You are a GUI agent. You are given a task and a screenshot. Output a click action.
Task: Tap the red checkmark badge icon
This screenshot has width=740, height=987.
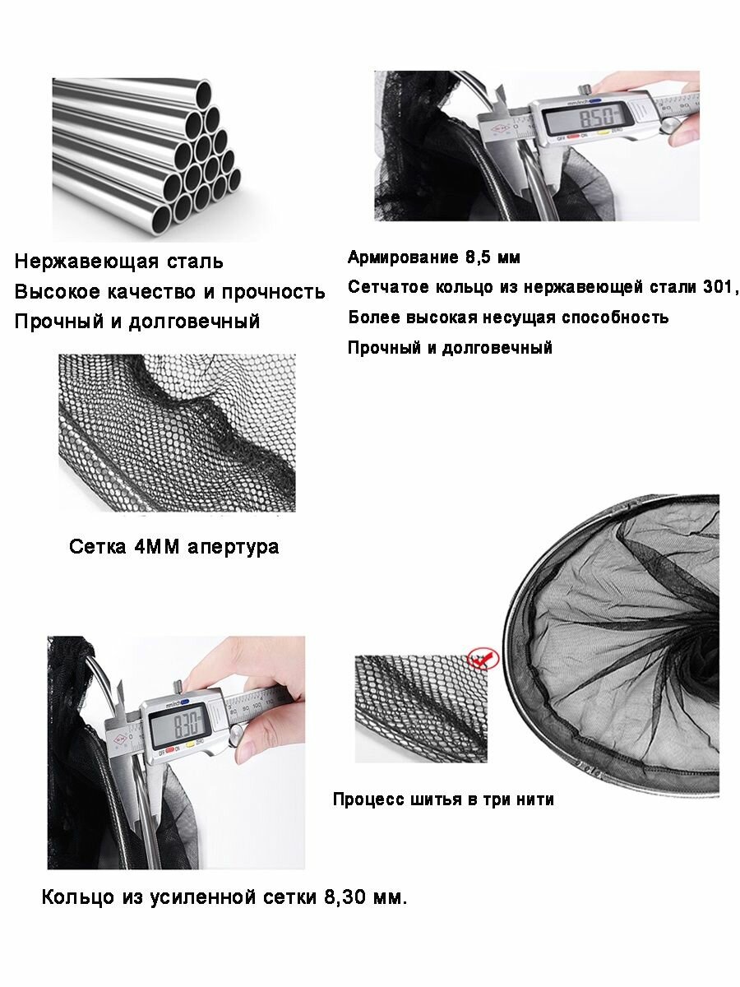point(483,659)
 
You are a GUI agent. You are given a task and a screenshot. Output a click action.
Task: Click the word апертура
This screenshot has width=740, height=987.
point(234,548)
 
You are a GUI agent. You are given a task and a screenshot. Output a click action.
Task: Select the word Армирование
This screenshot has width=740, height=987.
point(404,257)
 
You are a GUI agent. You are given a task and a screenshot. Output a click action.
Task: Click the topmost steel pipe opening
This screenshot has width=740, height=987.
point(204,95)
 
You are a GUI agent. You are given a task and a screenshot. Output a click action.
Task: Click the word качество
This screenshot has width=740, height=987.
point(152,292)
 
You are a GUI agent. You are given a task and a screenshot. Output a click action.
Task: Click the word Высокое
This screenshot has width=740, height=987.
point(57,292)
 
